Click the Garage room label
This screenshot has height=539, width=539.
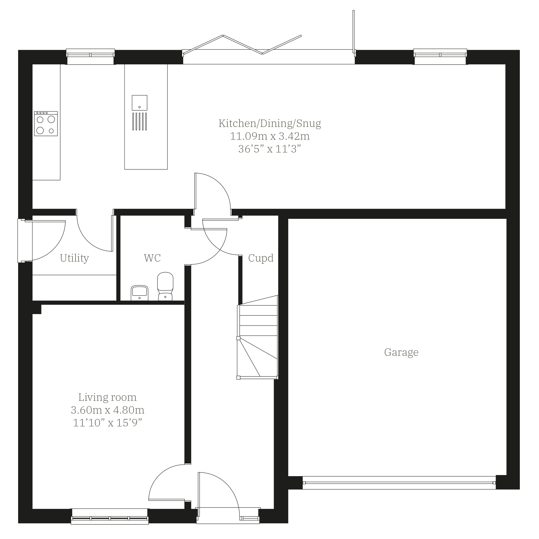pyautogui.click(x=401, y=353)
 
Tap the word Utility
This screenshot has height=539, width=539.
pyautogui.click(x=75, y=258)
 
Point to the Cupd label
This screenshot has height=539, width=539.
pyautogui.click(x=261, y=258)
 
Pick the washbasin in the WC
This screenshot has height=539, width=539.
pyautogui.click(x=139, y=293)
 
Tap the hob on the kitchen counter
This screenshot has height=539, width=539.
pyautogui.click(x=46, y=124)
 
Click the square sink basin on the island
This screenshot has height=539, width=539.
pyautogui.click(x=139, y=103)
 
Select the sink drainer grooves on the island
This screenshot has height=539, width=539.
pyautogui.click(x=139, y=121)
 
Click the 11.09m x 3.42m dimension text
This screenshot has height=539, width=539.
pyautogui.click(x=270, y=136)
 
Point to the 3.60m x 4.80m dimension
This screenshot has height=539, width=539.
pyautogui.click(x=108, y=410)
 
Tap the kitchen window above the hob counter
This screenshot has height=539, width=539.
pyautogui.click(x=90, y=57)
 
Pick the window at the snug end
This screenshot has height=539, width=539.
pyautogui.click(x=440, y=57)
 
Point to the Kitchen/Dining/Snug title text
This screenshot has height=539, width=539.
pyautogui.click(x=270, y=123)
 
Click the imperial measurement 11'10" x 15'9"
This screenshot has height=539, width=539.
pyautogui.click(x=108, y=423)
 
